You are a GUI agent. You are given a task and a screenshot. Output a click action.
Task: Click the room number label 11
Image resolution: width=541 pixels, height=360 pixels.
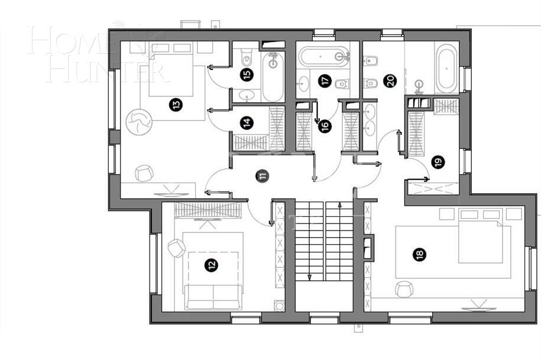click(262, 175)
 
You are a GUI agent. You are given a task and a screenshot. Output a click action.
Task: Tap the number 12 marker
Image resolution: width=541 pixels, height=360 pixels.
click(212, 265)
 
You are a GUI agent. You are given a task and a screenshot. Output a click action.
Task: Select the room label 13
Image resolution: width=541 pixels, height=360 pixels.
click(176, 105)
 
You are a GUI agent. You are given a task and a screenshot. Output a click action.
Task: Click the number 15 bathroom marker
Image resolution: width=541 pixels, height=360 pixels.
click(247, 74)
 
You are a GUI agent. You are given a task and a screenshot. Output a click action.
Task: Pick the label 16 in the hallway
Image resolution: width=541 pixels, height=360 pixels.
click(324, 125)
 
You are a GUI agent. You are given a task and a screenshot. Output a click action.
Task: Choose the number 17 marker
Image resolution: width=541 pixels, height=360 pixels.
click(324, 81)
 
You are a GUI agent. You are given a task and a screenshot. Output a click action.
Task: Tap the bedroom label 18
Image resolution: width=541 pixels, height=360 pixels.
click(419, 254)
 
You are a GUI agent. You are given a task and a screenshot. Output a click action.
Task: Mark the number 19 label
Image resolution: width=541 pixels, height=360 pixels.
click(437, 161)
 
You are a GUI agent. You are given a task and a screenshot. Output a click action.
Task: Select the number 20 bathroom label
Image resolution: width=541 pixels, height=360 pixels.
click(389, 81)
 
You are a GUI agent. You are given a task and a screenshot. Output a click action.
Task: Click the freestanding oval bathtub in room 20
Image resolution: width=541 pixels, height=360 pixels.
click(446, 68)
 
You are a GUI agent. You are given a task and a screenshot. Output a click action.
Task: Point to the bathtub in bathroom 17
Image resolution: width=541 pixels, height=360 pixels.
click(325, 57)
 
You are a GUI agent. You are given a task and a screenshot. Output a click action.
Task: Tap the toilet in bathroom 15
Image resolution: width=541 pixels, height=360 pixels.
click(247, 59)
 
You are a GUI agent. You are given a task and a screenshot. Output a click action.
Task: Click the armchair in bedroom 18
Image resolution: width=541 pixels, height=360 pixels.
click(404, 288)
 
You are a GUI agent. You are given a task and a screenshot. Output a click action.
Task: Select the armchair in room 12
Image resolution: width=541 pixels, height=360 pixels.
click(176, 248)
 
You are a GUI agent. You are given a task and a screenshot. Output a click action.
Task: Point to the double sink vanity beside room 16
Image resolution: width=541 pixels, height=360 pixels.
click(370, 119)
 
